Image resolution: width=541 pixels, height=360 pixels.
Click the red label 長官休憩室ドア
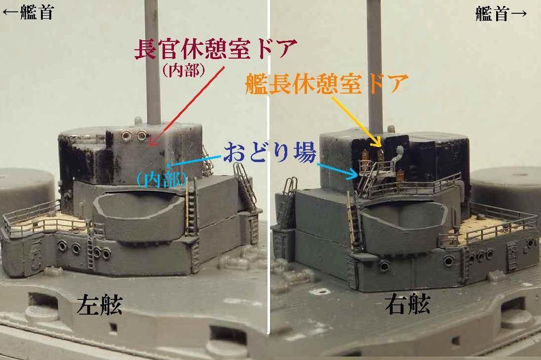point(216,49)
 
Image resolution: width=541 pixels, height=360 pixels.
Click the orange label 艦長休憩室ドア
point(327,84)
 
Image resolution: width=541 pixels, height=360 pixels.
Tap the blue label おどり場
point(270,153)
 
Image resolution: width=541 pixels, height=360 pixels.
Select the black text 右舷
point(407,304)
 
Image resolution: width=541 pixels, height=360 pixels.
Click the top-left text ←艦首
point(29,13)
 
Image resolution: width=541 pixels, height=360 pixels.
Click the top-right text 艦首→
point(501,13)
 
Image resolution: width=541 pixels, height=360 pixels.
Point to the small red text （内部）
point(184,70)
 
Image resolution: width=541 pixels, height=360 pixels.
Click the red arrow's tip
point(150,146)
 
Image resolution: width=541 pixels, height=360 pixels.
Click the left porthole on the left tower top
point(126,136)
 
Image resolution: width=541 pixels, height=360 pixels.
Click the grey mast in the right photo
point(377,65)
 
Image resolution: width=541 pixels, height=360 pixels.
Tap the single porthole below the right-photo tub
point(384,266)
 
